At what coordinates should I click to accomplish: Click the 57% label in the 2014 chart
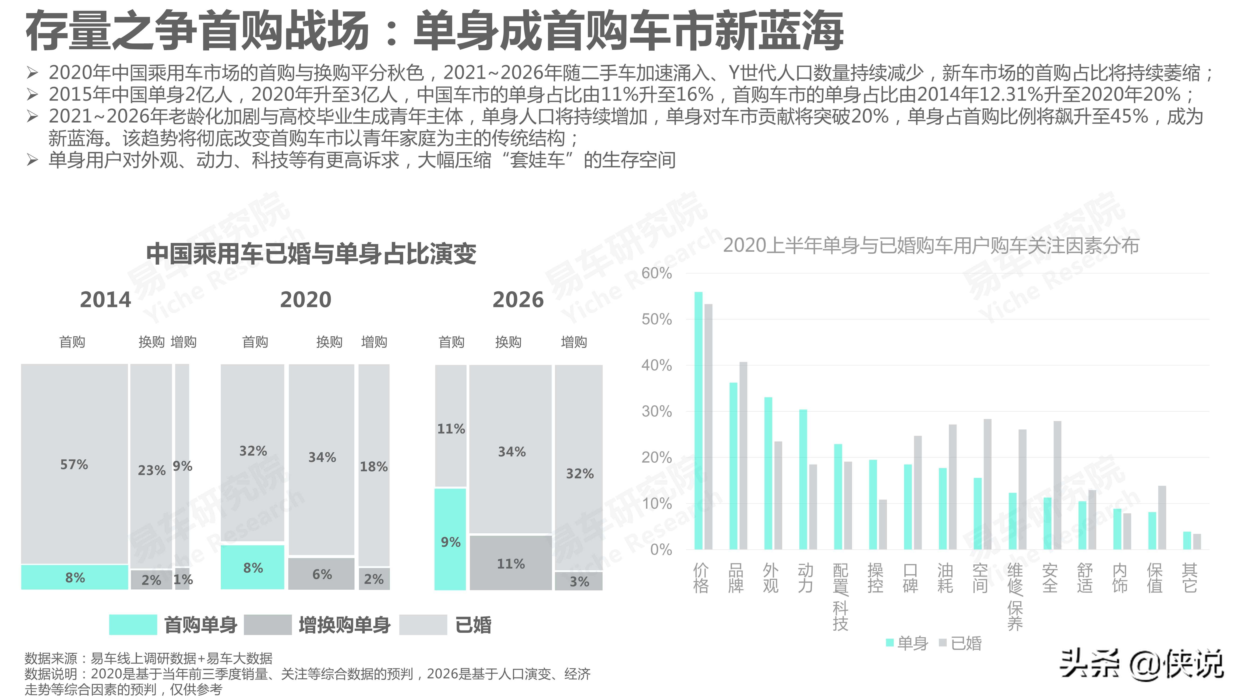pyautogui.click(x=74, y=465)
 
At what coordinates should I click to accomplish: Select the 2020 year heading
pyautogui.click(x=305, y=300)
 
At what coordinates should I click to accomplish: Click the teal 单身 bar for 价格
pyautogui.click(x=698, y=420)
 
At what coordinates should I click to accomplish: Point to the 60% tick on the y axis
pyautogui.click(x=656, y=273)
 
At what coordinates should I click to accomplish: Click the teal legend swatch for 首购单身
pyautogui.click(x=133, y=625)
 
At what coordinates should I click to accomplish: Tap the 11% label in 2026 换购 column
pyautogui.click(x=511, y=564)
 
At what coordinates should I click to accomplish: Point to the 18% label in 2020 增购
pyautogui.click(x=374, y=467)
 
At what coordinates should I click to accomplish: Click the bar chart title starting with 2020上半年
pyautogui.click(x=931, y=245)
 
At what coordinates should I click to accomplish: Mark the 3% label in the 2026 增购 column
pyautogui.click(x=579, y=582)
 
